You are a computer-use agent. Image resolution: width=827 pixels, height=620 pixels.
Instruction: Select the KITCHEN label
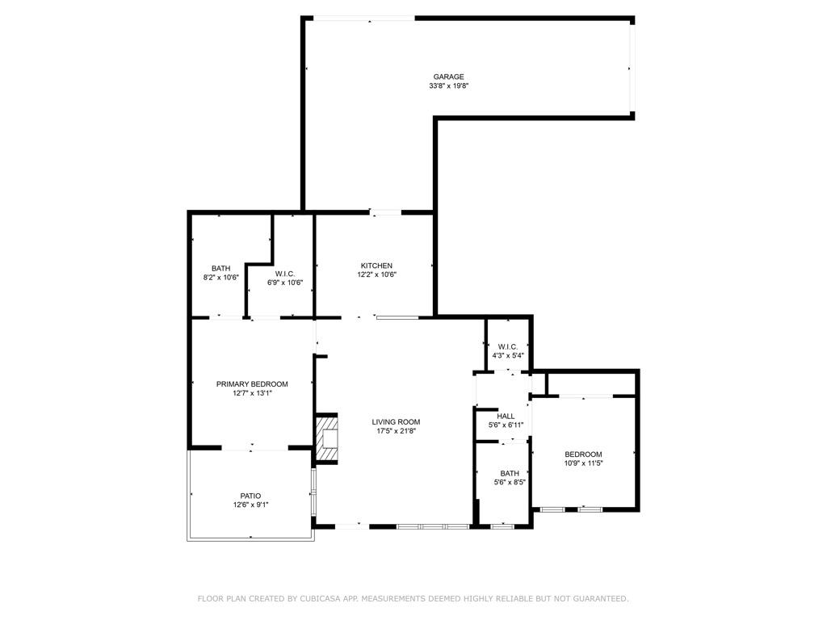click(376, 266)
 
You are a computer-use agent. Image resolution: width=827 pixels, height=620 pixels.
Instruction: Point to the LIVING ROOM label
click(396, 421)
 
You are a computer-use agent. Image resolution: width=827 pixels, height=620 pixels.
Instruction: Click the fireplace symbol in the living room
click(327, 438)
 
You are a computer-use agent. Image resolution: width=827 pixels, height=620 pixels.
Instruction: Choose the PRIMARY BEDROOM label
click(252, 384)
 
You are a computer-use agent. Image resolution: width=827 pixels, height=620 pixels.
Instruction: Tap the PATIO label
click(250, 496)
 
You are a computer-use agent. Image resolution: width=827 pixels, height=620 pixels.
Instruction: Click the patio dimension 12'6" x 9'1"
click(250, 505)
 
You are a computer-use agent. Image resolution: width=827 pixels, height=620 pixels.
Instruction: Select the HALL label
click(506, 416)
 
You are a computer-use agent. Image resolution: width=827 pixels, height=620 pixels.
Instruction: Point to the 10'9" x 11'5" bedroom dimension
click(583, 463)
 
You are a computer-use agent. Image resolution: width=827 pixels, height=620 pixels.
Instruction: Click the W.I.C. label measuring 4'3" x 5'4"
click(508, 346)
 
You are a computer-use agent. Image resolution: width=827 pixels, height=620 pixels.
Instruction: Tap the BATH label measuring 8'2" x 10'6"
click(220, 268)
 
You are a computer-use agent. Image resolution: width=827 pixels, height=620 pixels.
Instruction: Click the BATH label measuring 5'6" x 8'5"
click(509, 473)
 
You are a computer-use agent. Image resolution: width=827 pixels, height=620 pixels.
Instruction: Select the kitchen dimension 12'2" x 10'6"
click(376, 274)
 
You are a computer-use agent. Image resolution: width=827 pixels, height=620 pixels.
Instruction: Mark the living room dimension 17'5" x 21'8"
click(396, 430)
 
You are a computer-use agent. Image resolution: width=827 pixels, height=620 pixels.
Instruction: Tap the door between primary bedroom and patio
click(252, 447)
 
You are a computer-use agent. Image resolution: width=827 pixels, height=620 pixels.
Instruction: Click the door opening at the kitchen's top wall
click(385, 212)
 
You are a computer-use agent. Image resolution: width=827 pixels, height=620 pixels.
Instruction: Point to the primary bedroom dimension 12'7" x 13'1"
click(252, 393)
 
